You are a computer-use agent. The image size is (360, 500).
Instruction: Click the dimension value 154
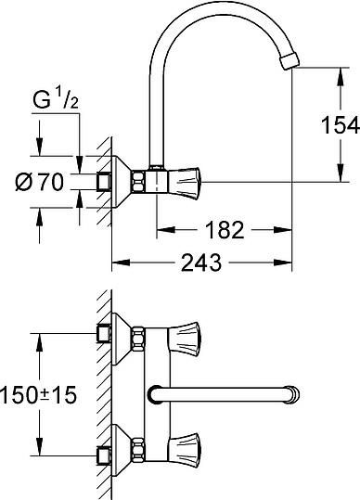341,125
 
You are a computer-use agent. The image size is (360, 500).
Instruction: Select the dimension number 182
225,230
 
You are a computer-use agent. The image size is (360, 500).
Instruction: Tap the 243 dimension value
201,263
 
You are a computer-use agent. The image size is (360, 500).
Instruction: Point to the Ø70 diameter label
40,183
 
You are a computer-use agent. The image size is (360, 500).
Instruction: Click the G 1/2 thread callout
56,98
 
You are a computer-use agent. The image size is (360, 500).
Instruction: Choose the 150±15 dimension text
38,394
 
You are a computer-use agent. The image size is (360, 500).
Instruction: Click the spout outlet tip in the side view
289,61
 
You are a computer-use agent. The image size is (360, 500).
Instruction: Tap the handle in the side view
184,182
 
